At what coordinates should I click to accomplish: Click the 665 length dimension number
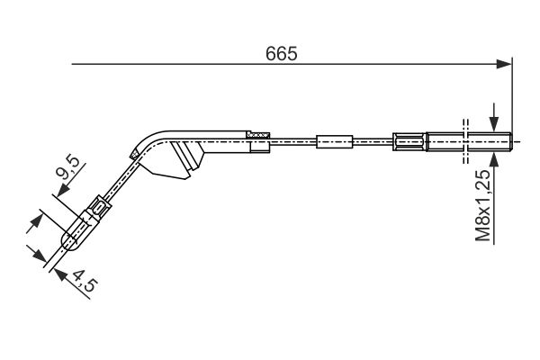(281, 54)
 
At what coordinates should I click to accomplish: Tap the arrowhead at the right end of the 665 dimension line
(504, 64)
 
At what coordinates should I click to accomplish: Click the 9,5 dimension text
(67, 167)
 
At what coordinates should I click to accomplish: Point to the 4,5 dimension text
(85, 281)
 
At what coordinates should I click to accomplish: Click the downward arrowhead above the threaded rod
(494, 123)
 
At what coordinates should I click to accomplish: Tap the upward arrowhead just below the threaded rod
(494, 160)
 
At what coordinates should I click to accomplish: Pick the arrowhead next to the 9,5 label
(63, 190)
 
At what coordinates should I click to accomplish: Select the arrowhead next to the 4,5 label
(60, 274)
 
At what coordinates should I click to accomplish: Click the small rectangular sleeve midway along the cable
(335, 141)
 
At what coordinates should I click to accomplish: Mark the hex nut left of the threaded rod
(409, 141)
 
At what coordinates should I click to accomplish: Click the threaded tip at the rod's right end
(509, 141)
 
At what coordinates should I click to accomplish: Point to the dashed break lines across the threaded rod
(465, 141)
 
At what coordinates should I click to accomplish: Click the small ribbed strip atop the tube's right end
(258, 135)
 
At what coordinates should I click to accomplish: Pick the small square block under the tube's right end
(260, 147)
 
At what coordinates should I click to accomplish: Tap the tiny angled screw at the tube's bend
(134, 154)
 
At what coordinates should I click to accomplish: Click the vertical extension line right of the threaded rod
(512, 95)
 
